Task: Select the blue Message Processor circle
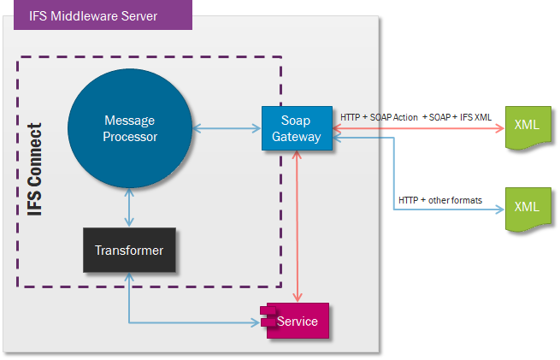click(129, 127)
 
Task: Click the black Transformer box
click(129, 250)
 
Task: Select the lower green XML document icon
click(526, 209)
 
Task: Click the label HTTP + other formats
click(440, 200)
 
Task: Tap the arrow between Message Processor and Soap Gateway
click(227, 128)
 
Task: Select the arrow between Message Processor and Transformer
click(129, 209)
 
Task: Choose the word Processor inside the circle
click(129, 136)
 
